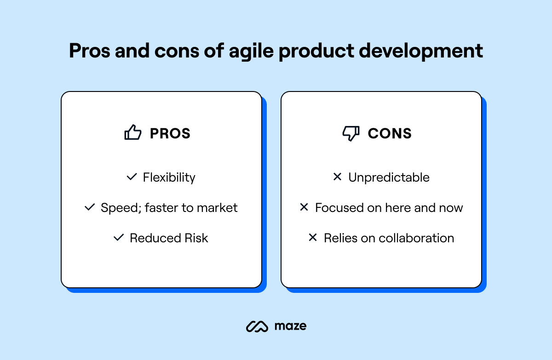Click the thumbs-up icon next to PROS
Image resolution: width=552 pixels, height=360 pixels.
(x=132, y=133)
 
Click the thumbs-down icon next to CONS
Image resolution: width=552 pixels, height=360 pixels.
(x=351, y=133)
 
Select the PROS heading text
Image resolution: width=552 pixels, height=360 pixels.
(x=170, y=133)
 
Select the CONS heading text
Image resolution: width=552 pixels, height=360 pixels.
(x=390, y=133)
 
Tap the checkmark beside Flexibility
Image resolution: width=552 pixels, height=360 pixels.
(x=132, y=177)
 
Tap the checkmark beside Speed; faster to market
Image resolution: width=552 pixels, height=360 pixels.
(x=89, y=207)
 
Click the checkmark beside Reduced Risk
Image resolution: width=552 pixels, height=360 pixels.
(x=119, y=238)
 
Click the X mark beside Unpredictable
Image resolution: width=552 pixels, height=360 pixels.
(x=337, y=177)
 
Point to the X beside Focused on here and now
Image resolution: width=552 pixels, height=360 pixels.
(x=304, y=207)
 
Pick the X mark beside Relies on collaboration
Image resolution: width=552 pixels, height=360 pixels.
(x=313, y=238)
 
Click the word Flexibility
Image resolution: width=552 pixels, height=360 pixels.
(x=169, y=177)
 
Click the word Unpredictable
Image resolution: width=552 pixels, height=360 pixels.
(x=389, y=177)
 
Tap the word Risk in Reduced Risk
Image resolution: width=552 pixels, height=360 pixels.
(x=196, y=238)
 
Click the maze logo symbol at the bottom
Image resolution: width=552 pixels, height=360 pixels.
(x=257, y=326)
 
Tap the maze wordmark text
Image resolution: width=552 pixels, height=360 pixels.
(x=290, y=326)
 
